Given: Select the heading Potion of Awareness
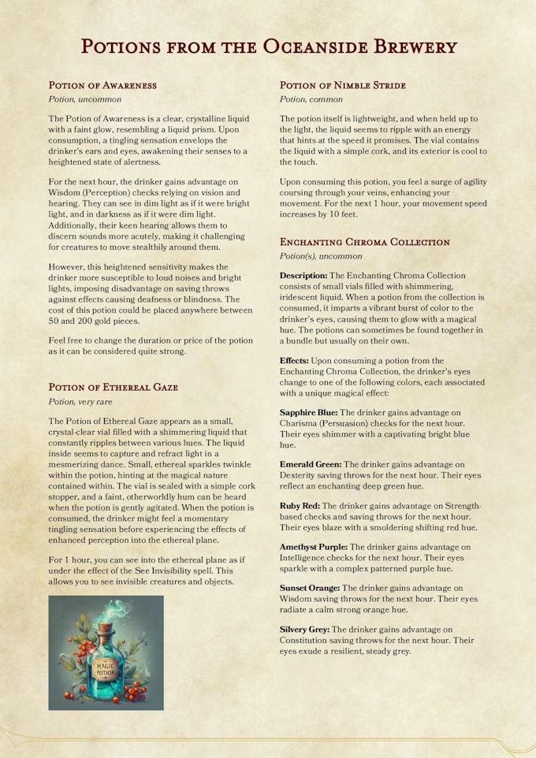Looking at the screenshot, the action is click(x=102, y=85).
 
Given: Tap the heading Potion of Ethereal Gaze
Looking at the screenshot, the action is click(x=113, y=387).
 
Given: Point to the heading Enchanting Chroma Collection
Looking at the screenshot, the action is click(x=365, y=242).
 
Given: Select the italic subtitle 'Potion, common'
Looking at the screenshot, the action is click(x=311, y=100).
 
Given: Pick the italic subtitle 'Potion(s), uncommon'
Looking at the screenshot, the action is click(x=321, y=257).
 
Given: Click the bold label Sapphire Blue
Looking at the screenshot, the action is click(x=309, y=412).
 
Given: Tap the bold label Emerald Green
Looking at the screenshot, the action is click(x=311, y=465).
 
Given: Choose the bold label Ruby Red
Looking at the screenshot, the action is click(x=300, y=505).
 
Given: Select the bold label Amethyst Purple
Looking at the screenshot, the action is click(x=314, y=546).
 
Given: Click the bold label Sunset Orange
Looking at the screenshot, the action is click(x=310, y=588).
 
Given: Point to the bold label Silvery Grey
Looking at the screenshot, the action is click(x=304, y=629).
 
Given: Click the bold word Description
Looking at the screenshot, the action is click(x=303, y=276).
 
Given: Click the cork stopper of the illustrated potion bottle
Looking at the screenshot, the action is click(x=106, y=630).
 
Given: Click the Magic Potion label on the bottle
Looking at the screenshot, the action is click(x=106, y=670).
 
